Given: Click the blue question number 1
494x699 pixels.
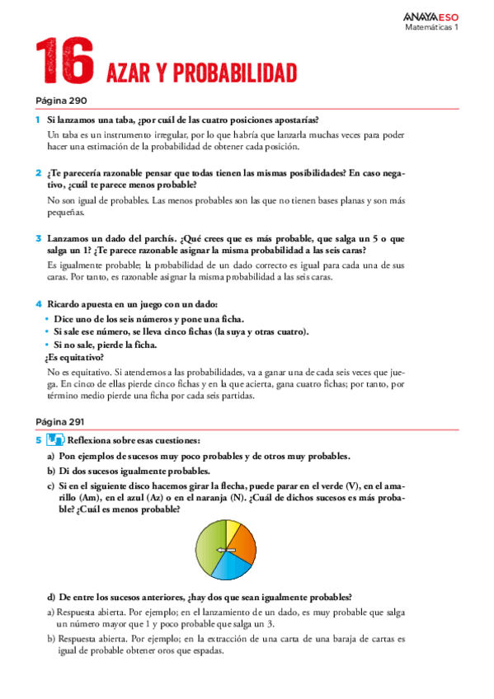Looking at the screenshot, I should click(38, 120).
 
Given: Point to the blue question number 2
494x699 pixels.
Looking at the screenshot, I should click(38, 173).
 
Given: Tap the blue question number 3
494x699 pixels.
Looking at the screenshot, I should click(38, 238).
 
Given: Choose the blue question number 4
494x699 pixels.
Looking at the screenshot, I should click(38, 304).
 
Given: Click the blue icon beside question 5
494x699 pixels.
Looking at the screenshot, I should click(54, 440).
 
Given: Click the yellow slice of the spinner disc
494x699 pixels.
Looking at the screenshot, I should click(233, 529).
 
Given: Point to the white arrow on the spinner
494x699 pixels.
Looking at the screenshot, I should click(222, 551).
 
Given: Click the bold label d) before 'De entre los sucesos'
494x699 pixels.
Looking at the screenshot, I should click(52, 597).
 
